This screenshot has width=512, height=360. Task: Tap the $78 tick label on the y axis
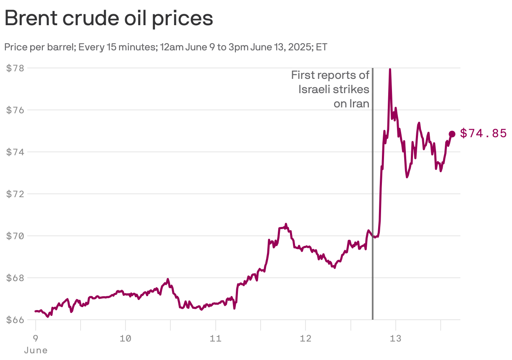(15, 68)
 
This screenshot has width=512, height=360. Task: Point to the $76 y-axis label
(15, 110)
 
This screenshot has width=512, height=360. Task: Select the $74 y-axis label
(15, 152)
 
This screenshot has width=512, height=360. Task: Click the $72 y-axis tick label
(15, 194)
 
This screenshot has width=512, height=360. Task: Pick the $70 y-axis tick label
(15, 236)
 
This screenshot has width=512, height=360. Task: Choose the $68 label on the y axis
(15, 278)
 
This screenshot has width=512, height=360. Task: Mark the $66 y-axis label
(15, 320)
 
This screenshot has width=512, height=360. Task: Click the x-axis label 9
(36, 338)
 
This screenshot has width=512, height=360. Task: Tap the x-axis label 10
(125, 338)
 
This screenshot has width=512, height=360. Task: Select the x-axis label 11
(215, 338)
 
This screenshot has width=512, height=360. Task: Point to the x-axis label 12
(306, 338)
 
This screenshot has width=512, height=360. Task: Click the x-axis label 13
(396, 338)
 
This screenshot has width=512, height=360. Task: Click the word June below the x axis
(36, 350)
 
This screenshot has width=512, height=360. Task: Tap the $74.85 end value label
(483, 133)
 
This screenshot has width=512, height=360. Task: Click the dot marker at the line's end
(452, 134)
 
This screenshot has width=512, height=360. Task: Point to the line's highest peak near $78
(390, 70)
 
